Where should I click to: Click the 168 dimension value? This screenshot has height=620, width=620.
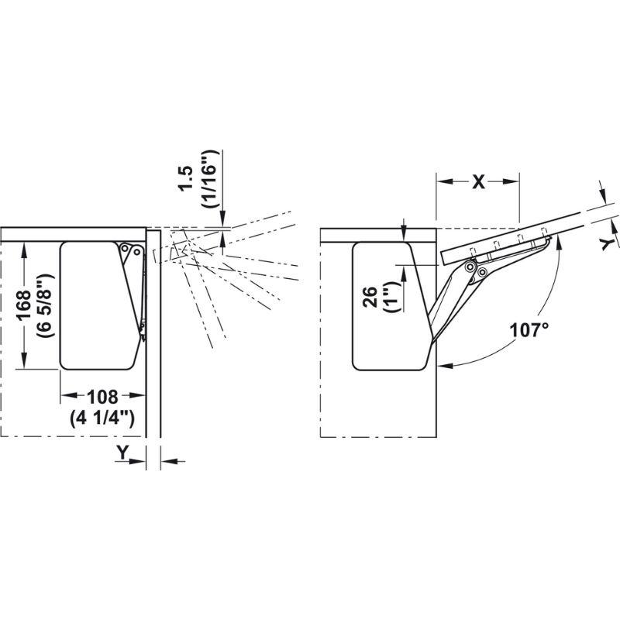tap(24, 305)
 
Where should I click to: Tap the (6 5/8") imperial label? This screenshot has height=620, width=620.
tap(45, 305)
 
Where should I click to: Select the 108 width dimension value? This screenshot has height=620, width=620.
tap(103, 397)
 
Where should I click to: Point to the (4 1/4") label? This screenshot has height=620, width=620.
tap(102, 418)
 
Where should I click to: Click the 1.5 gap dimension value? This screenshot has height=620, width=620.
tap(185, 178)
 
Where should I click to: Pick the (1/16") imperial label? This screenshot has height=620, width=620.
tap(208, 179)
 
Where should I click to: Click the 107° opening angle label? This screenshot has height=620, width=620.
tap(529, 330)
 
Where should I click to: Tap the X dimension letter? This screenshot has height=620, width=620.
tap(478, 182)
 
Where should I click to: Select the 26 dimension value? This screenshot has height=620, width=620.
tap(371, 298)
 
